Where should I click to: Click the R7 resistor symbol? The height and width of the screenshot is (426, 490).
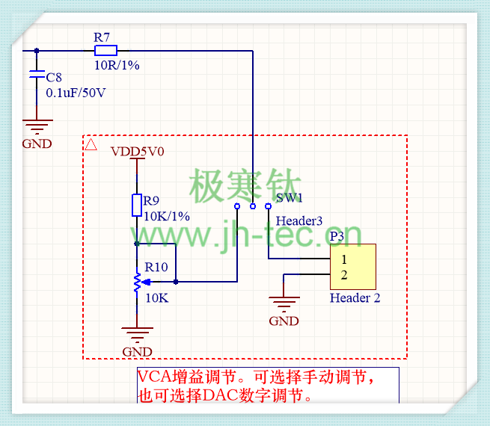tap(105, 51)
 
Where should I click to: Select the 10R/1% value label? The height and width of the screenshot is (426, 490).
tap(117, 65)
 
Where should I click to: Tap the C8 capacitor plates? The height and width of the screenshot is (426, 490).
tap(37, 74)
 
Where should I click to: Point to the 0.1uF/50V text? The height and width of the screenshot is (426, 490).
tap(76, 93)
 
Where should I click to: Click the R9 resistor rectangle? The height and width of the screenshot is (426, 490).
tap(137, 205)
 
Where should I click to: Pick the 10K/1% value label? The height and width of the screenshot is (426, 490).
tap(167, 216)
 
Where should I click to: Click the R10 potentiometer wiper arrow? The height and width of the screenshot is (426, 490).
tap(147, 282)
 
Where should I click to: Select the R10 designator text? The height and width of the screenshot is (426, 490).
tap(156, 267)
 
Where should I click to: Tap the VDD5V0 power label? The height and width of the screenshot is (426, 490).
tap(138, 152)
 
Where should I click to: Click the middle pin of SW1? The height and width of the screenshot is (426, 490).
tap(253, 206)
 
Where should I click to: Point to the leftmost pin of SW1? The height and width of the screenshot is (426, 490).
tap(237, 206)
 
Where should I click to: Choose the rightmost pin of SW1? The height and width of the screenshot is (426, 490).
tap(268, 206)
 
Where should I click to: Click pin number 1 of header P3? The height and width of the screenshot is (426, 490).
tap(344, 259)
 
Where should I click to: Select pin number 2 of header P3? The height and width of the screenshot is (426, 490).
tap(344, 275)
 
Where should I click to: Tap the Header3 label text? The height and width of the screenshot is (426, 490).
tap(298, 221)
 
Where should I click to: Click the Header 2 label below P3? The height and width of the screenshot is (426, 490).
tap(355, 297)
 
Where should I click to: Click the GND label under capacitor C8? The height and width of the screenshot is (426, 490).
tap(37, 144)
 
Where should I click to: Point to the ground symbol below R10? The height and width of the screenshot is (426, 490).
tap(137, 333)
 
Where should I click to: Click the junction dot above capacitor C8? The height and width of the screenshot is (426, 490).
tap(37, 51)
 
